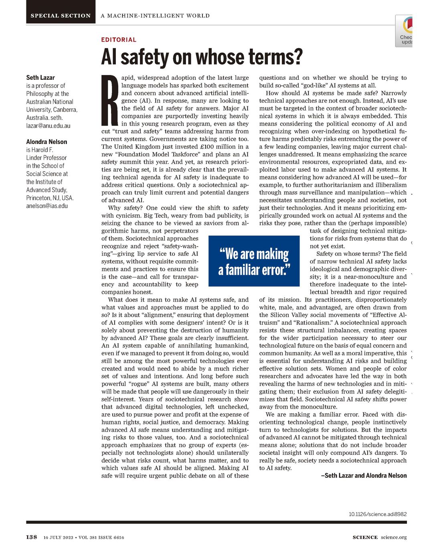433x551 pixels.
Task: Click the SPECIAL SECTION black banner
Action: coord(61,16)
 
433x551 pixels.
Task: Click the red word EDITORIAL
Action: coord(119,40)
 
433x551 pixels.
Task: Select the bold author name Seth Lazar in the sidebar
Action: coord(40,77)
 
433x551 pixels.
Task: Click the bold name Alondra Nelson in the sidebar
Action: coord(47,142)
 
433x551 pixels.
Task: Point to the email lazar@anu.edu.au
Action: coord(48,126)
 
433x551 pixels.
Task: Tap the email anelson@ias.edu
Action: coord(47,206)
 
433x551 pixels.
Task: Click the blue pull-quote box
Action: coord(254,261)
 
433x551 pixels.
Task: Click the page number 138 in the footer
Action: coord(32,537)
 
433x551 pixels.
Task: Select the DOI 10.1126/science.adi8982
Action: coord(377,514)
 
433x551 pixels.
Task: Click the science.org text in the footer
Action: coord(394,537)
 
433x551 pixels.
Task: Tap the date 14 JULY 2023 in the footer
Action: coord(58,537)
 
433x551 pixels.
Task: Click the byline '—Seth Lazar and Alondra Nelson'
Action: coord(364,476)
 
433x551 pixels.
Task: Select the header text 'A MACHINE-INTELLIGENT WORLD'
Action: coord(155,16)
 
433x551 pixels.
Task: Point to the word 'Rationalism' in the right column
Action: coord(312,322)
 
